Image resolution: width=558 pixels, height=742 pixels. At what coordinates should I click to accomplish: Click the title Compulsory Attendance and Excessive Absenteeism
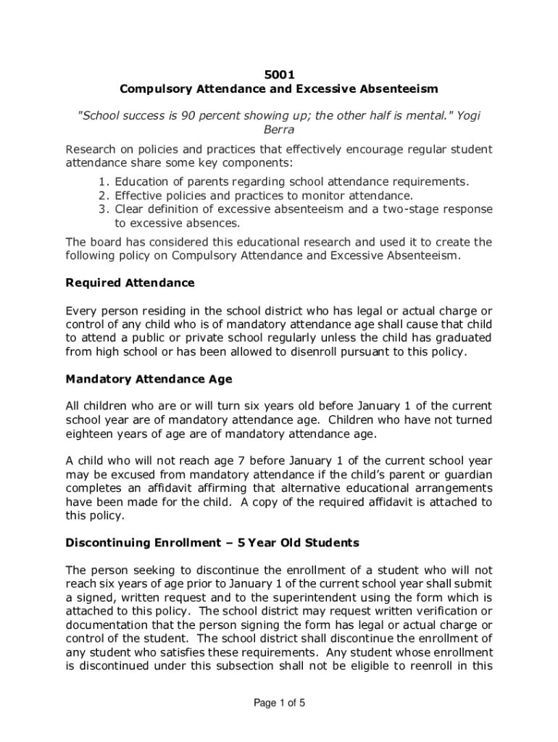pyautogui.click(x=279, y=89)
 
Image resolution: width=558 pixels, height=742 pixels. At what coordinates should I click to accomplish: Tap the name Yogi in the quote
pyautogui.click(x=464, y=116)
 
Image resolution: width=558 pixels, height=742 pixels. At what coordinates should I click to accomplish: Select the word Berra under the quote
pyautogui.click(x=279, y=131)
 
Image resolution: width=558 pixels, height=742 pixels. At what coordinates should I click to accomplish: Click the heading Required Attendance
pyautogui.click(x=130, y=283)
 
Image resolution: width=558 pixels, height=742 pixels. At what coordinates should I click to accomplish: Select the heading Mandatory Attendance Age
pyautogui.click(x=149, y=379)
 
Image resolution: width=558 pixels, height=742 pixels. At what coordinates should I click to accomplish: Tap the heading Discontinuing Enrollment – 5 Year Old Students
pyautogui.click(x=212, y=543)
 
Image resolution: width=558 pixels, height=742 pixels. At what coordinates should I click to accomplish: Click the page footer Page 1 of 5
pyautogui.click(x=279, y=702)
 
